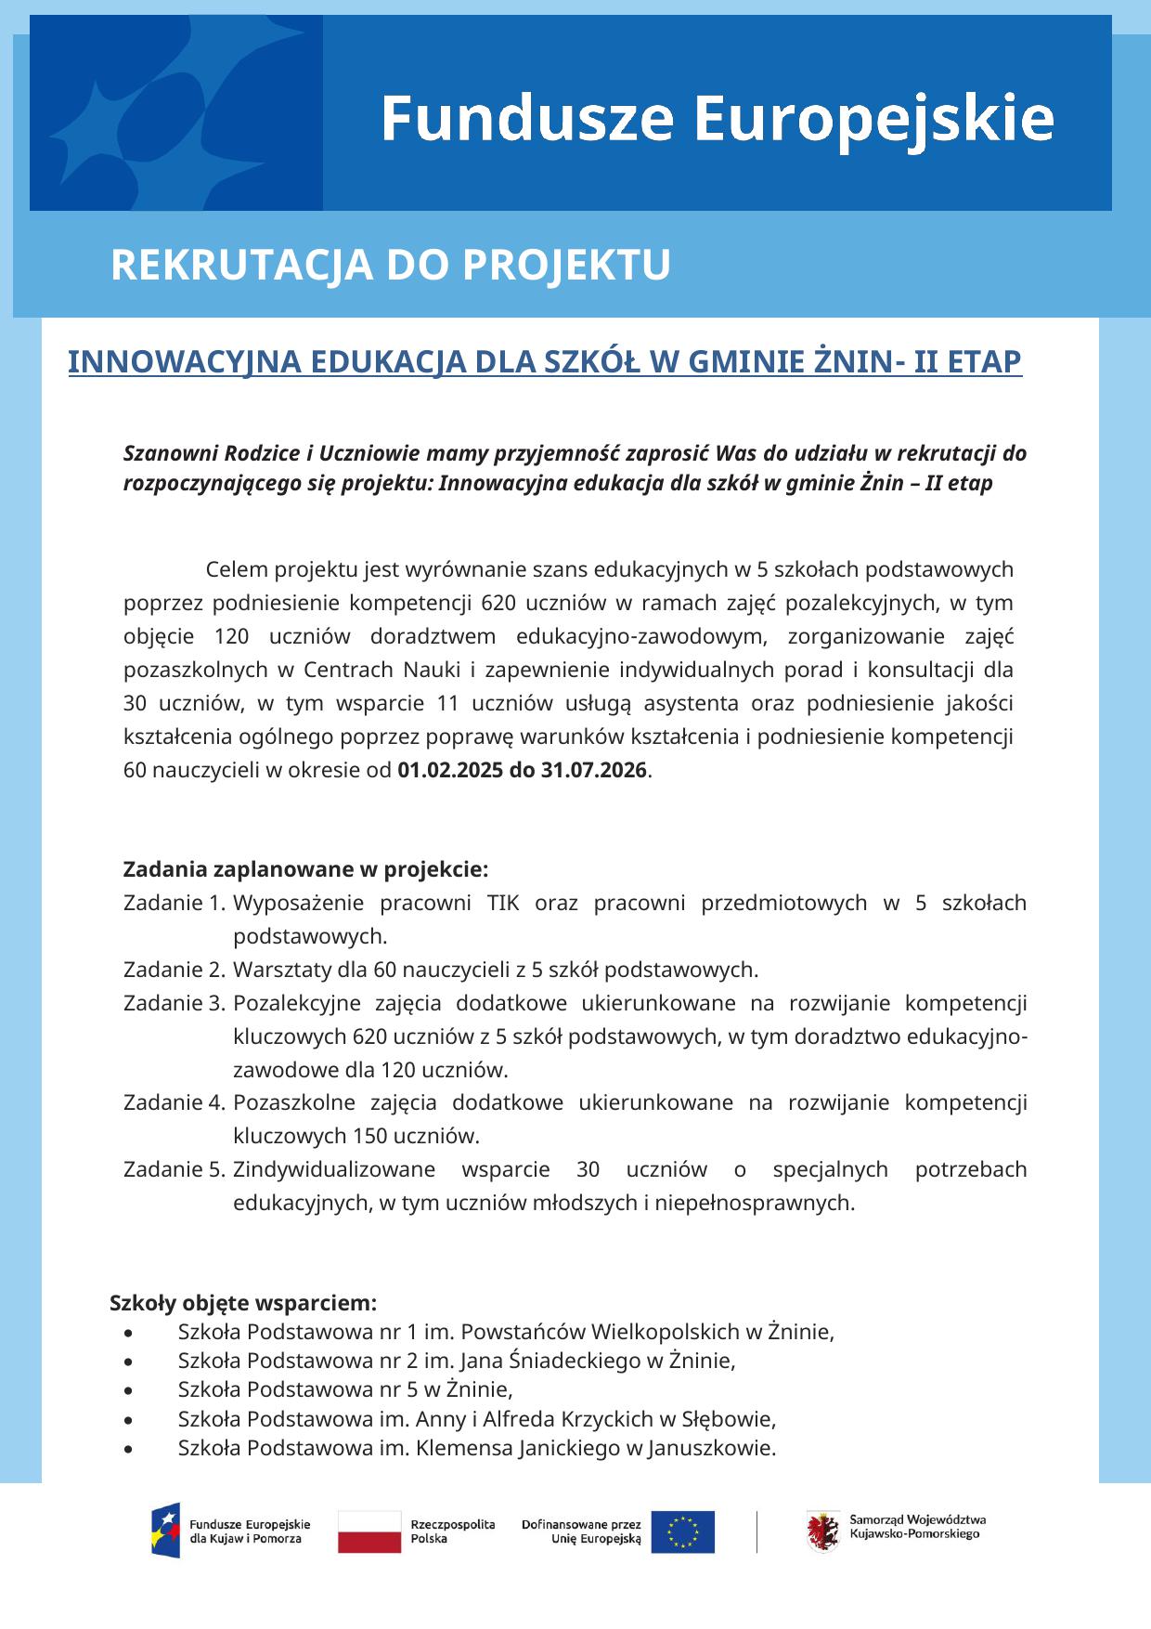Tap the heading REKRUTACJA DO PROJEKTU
pyautogui.click(x=390, y=266)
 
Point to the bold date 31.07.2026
pyautogui.click(x=593, y=771)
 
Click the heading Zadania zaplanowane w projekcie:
pyautogui.click(x=305, y=870)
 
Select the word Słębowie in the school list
pyautogui.click(x=728, y=1419)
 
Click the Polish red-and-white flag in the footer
pyautogui.click(x=369, y=1531)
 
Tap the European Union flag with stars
pyautogui.click(x=682, y=1531)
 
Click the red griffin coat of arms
pyautogui.click(x=823, y=1530)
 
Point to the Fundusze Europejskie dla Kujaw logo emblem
pyautogui.click(x=166, y=1531)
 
